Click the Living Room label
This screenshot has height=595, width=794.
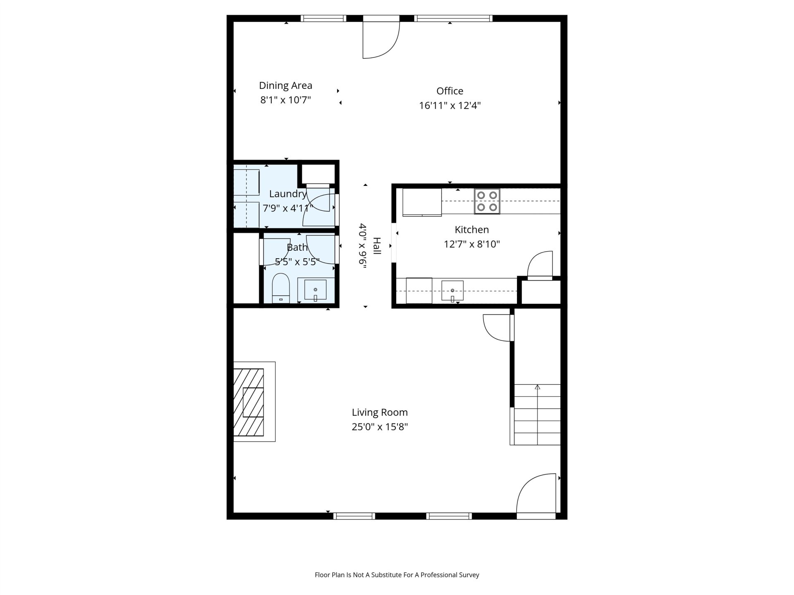click(380, 412)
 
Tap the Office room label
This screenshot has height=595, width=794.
click(450, 91)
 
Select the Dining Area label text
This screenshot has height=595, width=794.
click(285, 86)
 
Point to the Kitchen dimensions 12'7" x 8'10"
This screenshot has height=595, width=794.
click(472, 244)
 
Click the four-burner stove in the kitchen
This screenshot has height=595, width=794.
click(487, 201)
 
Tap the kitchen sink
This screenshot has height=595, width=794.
click(452, 291)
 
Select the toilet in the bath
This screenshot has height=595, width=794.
click(281, 288)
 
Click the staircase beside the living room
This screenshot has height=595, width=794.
click(537, 414)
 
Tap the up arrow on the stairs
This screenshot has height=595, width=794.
click(538, 387)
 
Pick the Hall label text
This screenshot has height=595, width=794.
click(377, 246)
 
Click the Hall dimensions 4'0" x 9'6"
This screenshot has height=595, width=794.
click(363, 246)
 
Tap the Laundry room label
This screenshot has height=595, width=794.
click(288, 194)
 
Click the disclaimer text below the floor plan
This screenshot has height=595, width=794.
click(397, 575)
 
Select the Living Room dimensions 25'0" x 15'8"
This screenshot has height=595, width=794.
click(380, 427)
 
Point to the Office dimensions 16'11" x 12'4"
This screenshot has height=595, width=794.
click(450, 105)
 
